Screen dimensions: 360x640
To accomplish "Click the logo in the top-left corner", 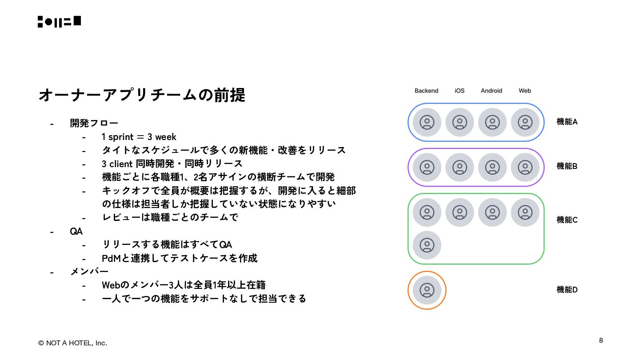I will coord(59,21).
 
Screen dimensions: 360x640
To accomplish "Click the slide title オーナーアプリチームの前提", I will coord(142,95).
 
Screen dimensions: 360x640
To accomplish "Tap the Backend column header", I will coord(426,91).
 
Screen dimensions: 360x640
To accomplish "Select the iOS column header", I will coord(460,91).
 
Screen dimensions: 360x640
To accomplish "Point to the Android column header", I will coord(492,91).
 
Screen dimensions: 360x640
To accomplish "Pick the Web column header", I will coord(525,91).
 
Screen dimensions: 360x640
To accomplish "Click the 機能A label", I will coord(567,122).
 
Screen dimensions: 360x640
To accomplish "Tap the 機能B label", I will coord(567,166).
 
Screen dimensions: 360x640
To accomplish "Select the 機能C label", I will coord(567,220).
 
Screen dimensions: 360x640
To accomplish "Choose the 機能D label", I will coord(567,290).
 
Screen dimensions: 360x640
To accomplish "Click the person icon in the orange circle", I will coord(427,290).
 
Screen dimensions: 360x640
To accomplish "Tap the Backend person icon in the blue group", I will coord(427,122).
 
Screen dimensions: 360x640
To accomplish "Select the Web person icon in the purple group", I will coord(525,167).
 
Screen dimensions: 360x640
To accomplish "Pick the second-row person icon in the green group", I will coord(427,245).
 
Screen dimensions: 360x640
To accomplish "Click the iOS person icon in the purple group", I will coord(460,167).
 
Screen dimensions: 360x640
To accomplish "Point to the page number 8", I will coord(601,340).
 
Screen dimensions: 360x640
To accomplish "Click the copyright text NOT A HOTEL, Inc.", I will coord(72,343).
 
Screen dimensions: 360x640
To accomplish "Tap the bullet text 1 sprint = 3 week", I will coord(139,137).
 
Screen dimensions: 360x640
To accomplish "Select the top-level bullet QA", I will coord(76,231).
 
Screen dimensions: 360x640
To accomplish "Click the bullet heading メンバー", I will coord(89,272).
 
